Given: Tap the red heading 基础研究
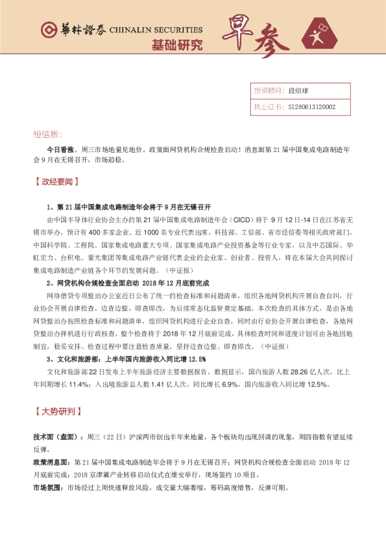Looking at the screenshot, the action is pos(176,45).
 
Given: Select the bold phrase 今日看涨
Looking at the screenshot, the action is pos(59,149).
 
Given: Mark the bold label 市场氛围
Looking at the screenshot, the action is pos(49,487).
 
